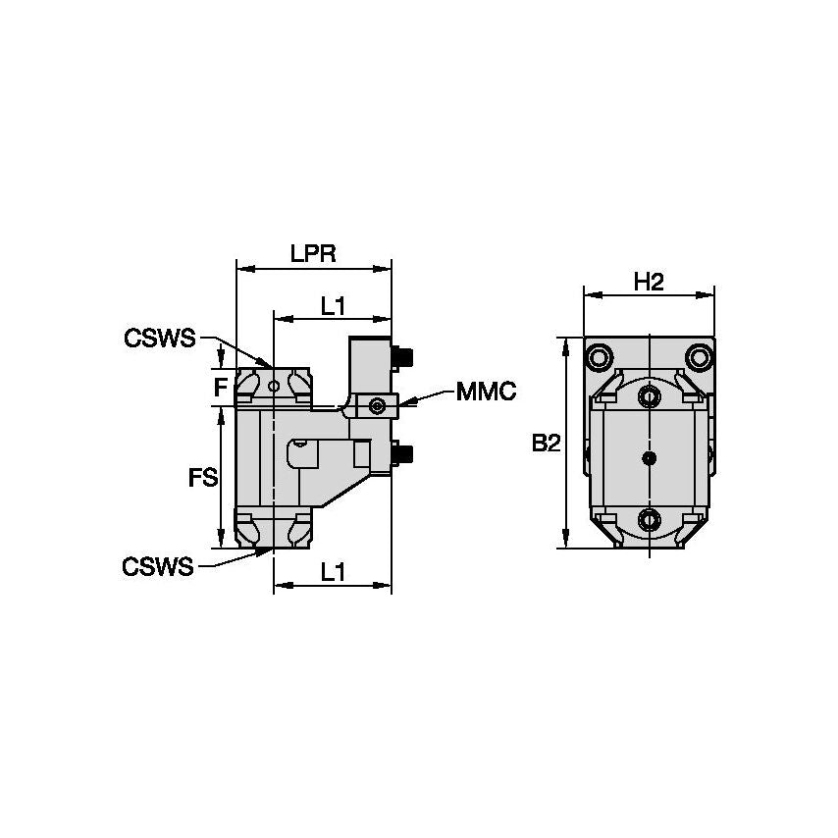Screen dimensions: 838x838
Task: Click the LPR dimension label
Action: point(313,253)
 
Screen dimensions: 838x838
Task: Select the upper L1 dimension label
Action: point(333,306)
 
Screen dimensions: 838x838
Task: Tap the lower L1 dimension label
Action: point(333,573)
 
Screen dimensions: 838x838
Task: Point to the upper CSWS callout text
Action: point(158,339)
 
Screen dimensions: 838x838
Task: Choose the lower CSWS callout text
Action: point(158,566)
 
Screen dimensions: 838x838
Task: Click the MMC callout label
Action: point(486,393)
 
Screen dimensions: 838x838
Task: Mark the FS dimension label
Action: point(202,478)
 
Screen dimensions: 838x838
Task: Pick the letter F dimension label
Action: point(221,387)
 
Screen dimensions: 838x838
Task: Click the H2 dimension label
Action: point(649,282)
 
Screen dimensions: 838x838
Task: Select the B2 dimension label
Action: point(546,444)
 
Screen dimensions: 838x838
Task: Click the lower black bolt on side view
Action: point(402,452)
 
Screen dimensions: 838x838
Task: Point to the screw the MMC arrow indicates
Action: point(378,404)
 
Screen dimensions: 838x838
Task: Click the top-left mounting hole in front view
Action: point(600,354)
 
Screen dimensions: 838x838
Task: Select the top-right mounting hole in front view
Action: point(698,354)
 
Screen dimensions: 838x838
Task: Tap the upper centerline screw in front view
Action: point(648,395)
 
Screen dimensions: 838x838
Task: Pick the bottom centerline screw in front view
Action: point(648,519)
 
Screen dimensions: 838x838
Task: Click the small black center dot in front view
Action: point(648,457)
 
